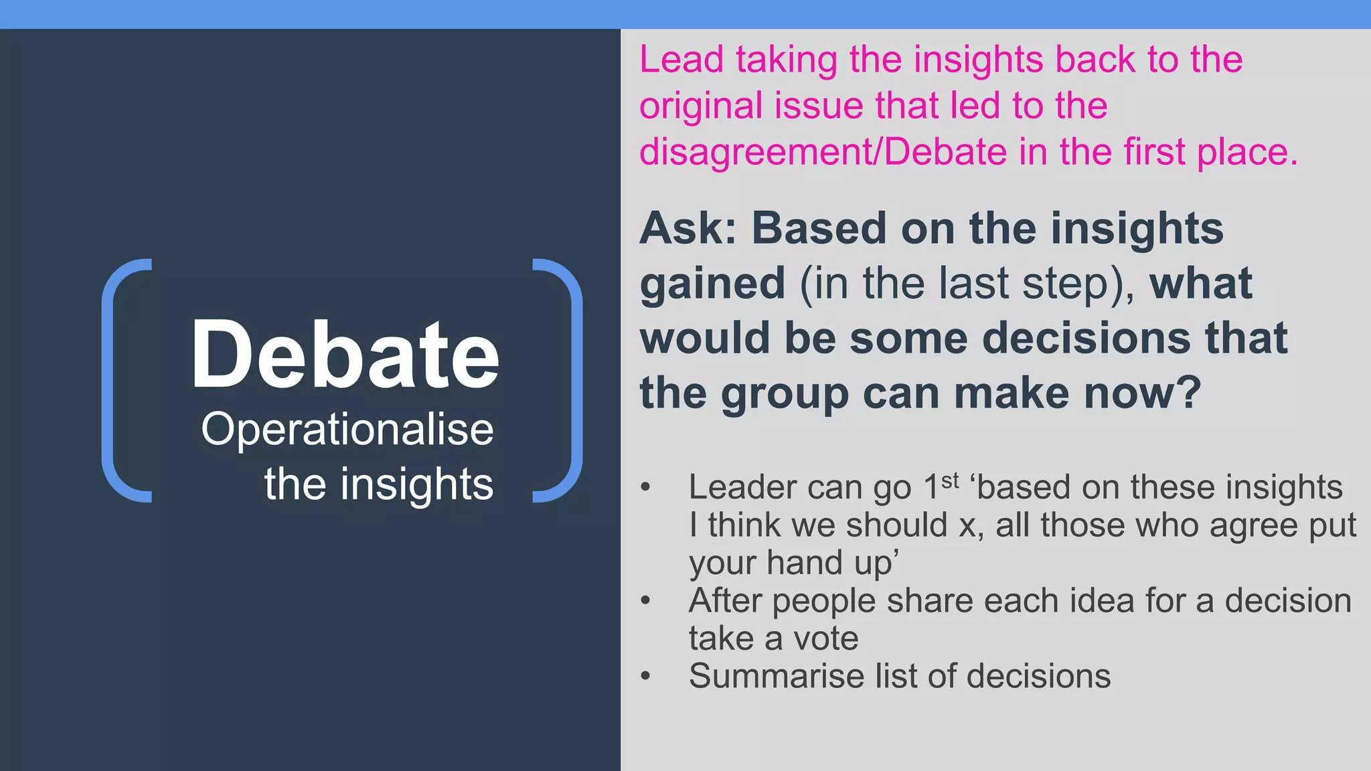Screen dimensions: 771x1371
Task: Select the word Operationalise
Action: click(347, 429)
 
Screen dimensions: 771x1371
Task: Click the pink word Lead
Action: click(681, 60)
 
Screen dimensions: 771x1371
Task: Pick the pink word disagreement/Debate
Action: click(823, 153)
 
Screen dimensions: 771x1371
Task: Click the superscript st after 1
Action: click(950, 480)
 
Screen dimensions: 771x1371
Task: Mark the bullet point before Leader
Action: click(645, 487)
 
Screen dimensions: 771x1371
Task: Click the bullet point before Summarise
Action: click(645, 676)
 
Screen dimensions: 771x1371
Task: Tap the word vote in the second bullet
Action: click(826, 638)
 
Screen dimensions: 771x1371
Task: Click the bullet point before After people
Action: click(645, 600)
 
